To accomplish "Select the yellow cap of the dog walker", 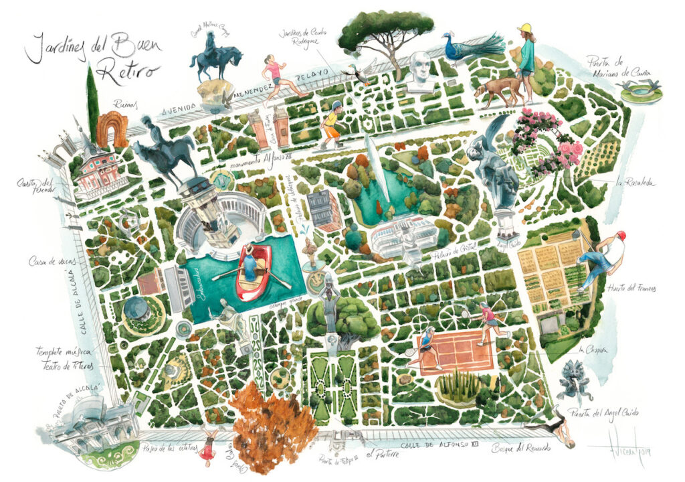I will click(x=525, y=28).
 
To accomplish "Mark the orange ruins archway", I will click(x=111, y=130).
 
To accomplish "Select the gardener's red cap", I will click(x=621, y=235).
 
